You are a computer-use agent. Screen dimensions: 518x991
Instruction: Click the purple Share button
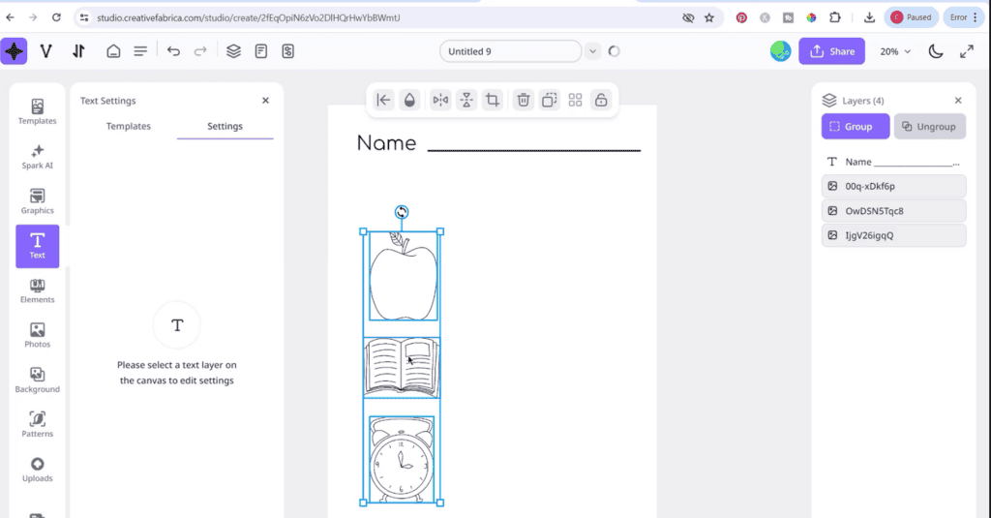[831, 51]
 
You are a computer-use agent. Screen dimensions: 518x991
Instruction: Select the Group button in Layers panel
[855, 127]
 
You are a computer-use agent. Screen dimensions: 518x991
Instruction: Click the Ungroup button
[929, 127]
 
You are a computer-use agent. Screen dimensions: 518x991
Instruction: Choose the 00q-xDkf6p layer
[893, 186]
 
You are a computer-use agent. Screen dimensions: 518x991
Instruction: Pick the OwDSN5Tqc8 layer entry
[893, 210]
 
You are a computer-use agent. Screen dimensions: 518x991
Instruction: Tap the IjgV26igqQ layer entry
[893, 235]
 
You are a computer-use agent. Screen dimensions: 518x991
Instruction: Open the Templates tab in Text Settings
[129, 126]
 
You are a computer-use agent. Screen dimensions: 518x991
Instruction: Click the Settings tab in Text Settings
[225, 126]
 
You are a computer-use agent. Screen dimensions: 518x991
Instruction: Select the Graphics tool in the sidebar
[38, 201]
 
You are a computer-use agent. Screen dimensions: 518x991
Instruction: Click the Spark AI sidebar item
[38, 157]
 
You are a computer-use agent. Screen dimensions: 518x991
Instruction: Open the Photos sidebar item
[38, 335]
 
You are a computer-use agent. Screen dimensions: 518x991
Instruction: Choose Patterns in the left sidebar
[38, 424]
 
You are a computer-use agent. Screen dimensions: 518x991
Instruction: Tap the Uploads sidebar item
[38, 470]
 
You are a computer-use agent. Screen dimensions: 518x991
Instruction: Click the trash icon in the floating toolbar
[523, 100]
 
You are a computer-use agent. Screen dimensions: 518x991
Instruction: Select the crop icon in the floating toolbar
[493, 100]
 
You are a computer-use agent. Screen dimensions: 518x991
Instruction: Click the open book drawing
[402, 366]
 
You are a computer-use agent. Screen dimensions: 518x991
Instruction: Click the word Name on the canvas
[386, 144]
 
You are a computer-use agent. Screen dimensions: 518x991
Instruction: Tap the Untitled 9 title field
[510, 51]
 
